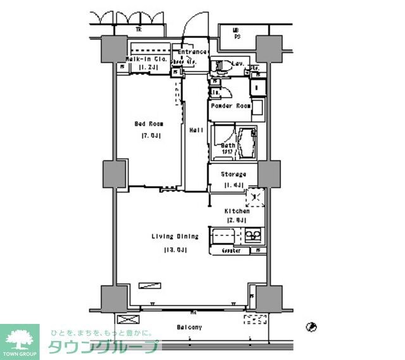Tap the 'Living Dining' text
pos(175,237)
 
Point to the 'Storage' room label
pos(233,174)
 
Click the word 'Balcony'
pos(189,327)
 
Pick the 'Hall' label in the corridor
pos(196,130)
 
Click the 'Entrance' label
pos(192,52)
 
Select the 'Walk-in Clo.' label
pos(146,59)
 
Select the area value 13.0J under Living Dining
pos(174,249)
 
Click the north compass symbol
pos(310,327)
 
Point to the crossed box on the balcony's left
pos(126,320)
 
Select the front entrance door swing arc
pos(191,27)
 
